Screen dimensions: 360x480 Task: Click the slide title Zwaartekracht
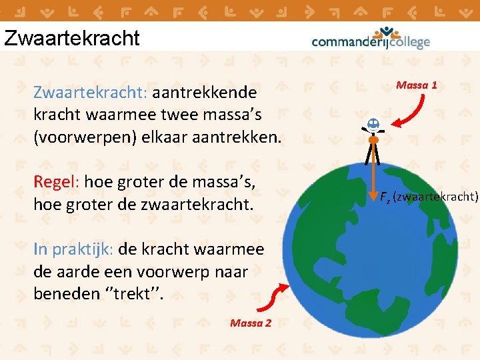[71, 37]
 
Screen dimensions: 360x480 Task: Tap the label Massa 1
[416, 85]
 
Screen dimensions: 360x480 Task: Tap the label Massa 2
[250, 323]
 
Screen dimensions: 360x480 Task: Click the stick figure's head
[373, 124]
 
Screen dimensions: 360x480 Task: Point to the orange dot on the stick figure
[373, 141]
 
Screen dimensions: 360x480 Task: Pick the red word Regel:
[57, 181]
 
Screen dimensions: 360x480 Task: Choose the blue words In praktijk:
[73, 249]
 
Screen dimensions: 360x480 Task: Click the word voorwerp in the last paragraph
[191, 272]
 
